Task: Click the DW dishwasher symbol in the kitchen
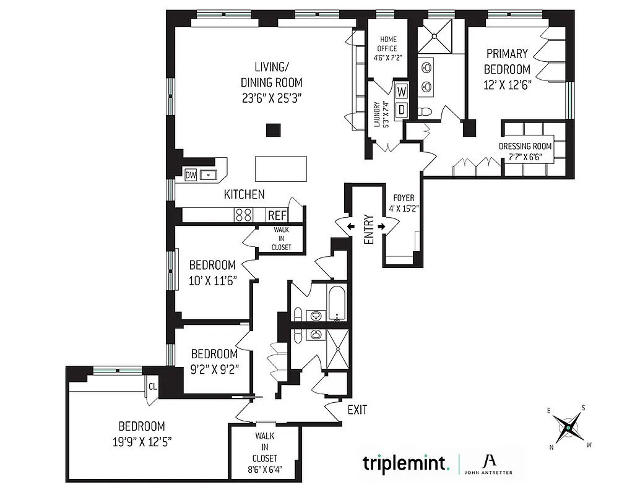pos(191,175)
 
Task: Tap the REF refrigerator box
pos(276,215)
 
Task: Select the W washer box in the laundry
pos(402,91)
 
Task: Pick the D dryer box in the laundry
pos(402,109)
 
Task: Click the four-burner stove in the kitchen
pos(243,215)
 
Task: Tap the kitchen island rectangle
pos(282,169)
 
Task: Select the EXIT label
pos(357,409)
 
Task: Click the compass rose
pos(567,428)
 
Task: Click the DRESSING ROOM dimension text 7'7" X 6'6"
pos(525,157)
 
